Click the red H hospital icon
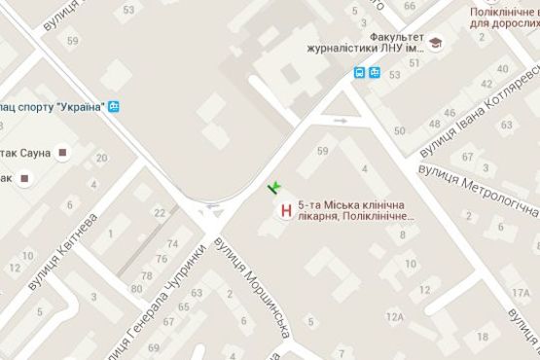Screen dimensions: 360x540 pos(285,209)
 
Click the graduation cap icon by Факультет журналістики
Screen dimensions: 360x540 pos(437,44)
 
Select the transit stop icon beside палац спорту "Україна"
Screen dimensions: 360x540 pos(115,106)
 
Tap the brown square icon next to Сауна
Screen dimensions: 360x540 pos(63,152)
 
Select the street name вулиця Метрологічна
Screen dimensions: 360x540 pos(477,189)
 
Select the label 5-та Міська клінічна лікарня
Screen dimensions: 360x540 pos(357,210)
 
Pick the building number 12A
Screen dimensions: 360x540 pos(410,263)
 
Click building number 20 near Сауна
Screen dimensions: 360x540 pos(101,159)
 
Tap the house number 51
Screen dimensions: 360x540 pos(415,62)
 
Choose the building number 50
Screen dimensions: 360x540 pos(399,130)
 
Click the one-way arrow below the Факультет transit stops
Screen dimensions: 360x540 pos(340,121)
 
